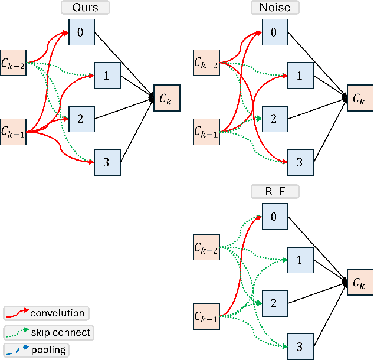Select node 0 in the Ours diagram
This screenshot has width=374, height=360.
(81, 31)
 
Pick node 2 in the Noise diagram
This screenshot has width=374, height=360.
(273, 119)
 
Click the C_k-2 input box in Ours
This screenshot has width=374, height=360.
(14, 62)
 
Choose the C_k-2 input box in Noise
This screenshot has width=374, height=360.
(206, 62)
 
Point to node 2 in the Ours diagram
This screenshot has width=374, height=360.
(81, 119)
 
